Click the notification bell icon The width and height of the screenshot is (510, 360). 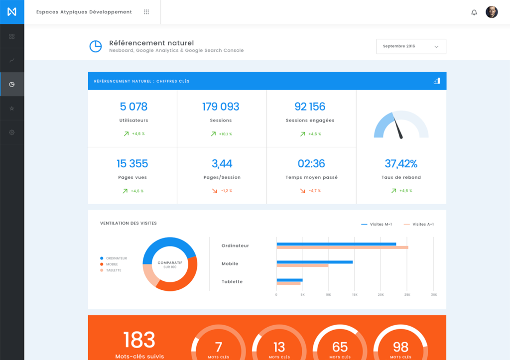coord(474,12)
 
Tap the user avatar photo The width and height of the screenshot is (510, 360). coord(492,12)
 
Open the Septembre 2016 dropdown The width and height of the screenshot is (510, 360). coord(411,46)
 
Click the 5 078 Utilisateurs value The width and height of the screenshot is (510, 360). coord(133,107)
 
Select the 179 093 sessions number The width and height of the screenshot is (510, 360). coord(221,107)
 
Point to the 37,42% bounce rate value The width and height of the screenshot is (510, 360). coord(401,163)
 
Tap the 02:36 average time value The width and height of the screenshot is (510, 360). coord(311,163)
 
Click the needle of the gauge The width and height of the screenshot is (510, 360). coord(398,127)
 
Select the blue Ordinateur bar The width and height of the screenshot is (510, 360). coord(336,244)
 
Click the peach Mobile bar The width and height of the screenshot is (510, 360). coord(302,265)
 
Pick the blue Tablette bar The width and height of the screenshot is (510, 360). coord(289,280)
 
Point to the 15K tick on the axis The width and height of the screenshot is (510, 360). coord(355,295)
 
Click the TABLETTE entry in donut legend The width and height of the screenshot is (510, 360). coord(113,270)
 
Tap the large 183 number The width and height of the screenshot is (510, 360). coord(139,340)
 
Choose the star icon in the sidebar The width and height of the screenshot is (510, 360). coord(12,109)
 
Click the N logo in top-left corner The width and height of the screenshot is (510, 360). coord(12,12)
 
